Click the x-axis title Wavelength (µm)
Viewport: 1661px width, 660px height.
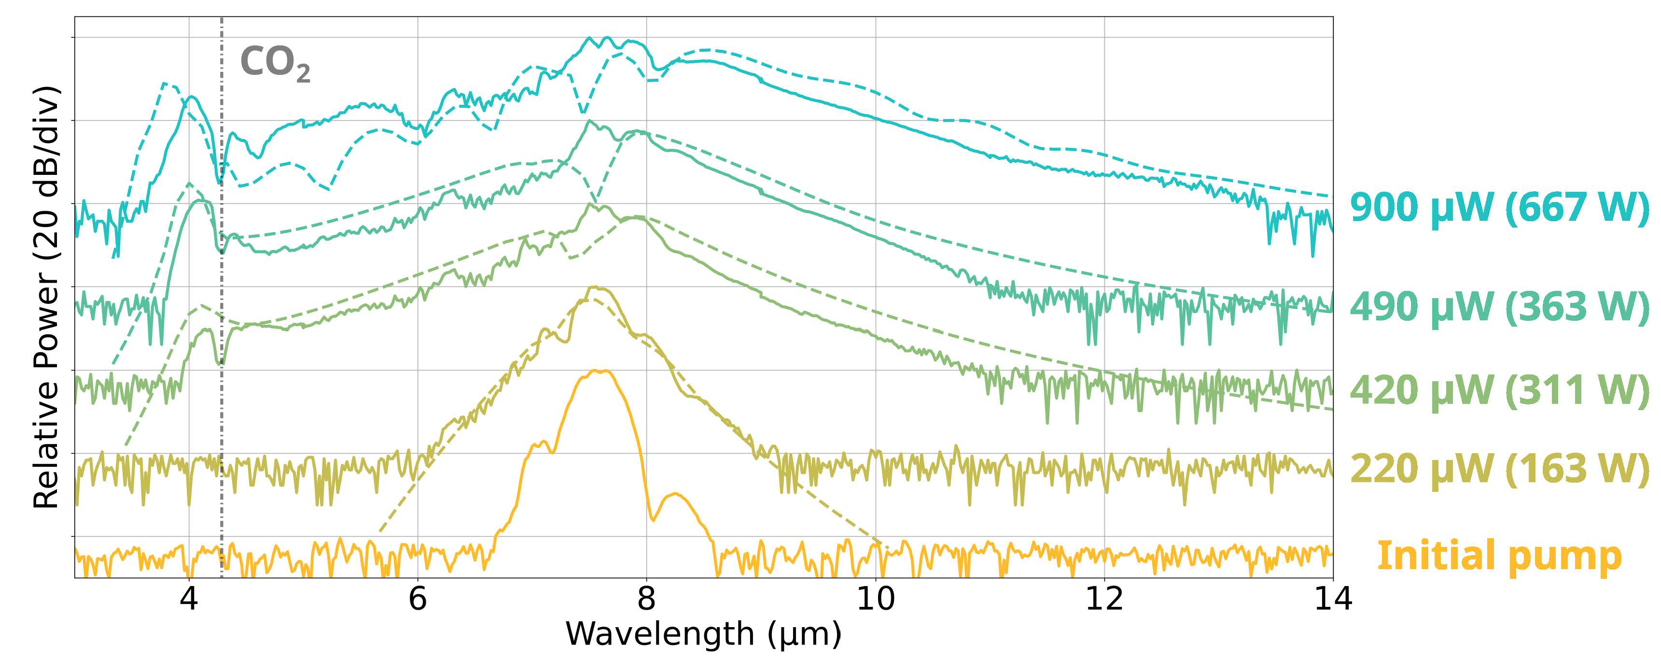pyautogui.click(x=703, y=634)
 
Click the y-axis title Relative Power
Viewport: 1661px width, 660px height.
pyautogui.click(x=46, y=297)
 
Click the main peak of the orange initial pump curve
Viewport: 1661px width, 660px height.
pyautogui.click(x=600, y=371)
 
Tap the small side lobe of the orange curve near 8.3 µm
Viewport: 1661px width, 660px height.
pyautogui.click(x=676, y=494)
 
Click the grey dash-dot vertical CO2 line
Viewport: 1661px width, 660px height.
pyautogui.click(x=222, y=387)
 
